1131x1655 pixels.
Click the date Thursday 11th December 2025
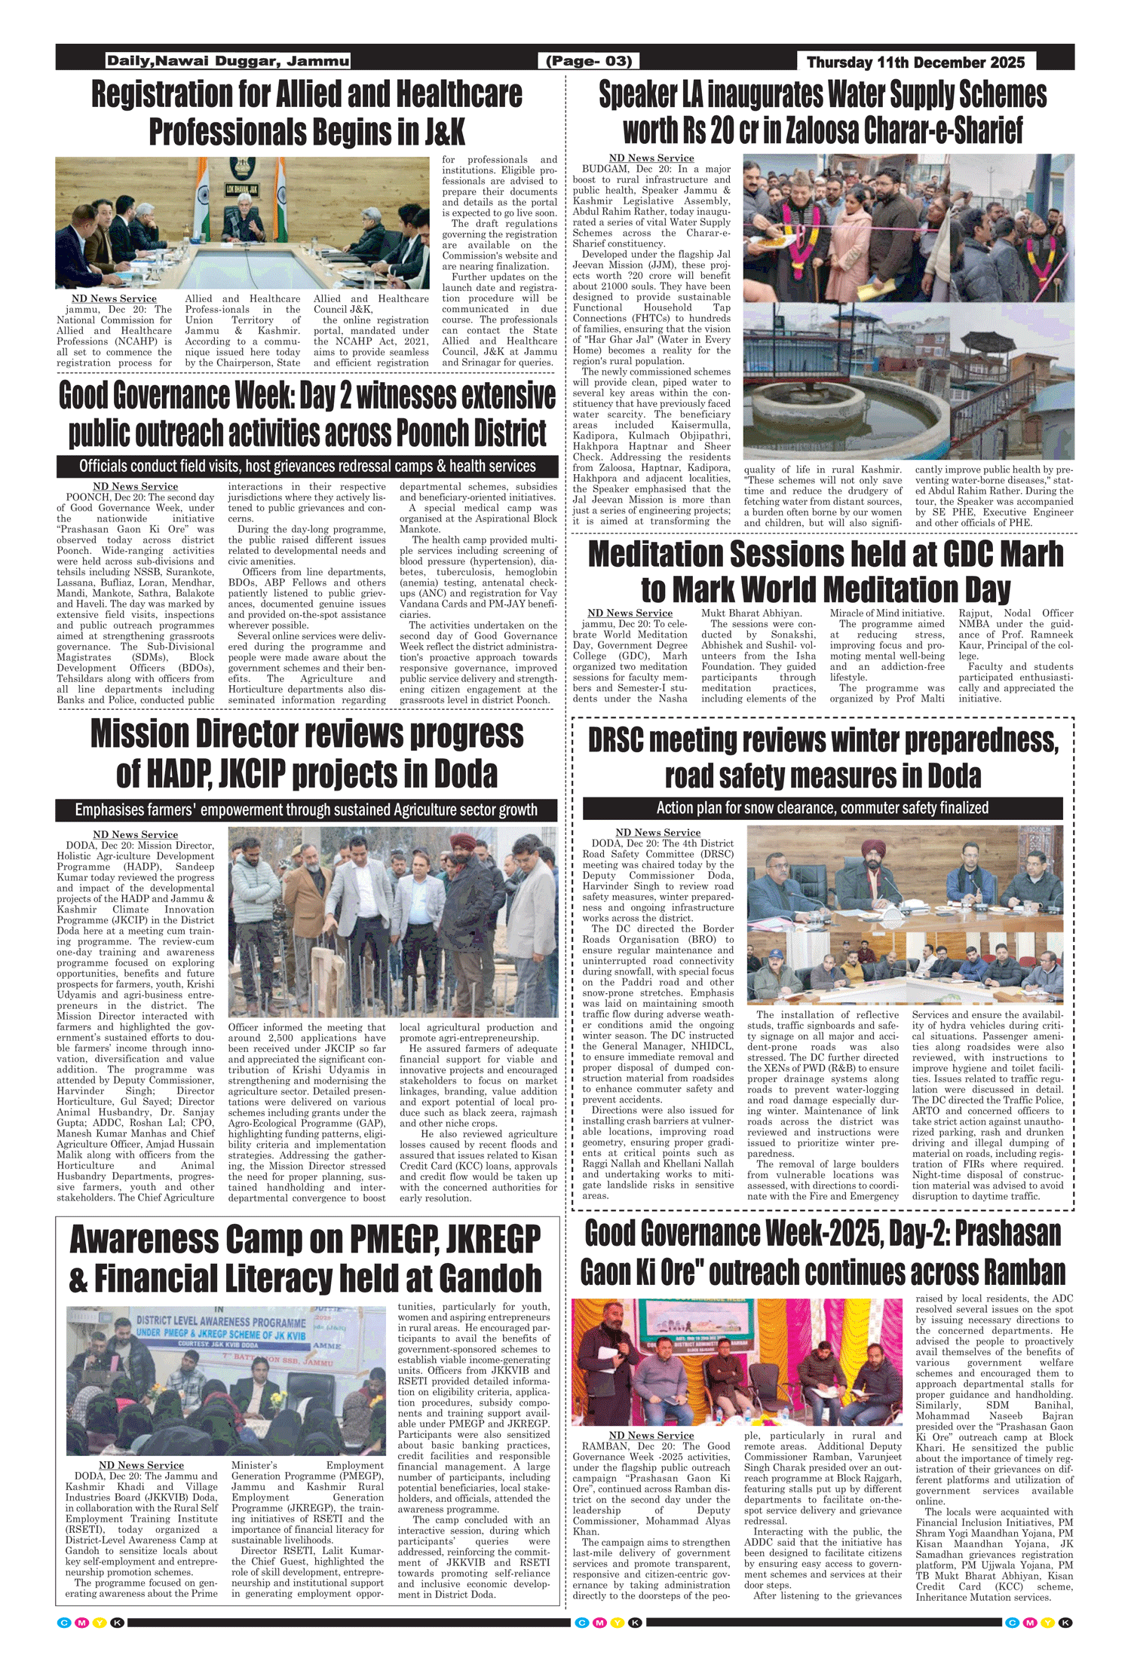pos(915,62)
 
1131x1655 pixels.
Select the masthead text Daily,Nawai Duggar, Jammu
pos(228,61)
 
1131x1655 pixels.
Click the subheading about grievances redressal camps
pos(307,466)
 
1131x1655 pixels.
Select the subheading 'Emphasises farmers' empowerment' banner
pos(306,810)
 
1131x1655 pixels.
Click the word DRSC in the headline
pos(616,742)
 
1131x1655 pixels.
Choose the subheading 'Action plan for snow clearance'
pos(822,808)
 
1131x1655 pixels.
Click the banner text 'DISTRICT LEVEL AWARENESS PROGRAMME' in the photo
pos(221,1321)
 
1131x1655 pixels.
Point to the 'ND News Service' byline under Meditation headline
pos(630,613)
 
